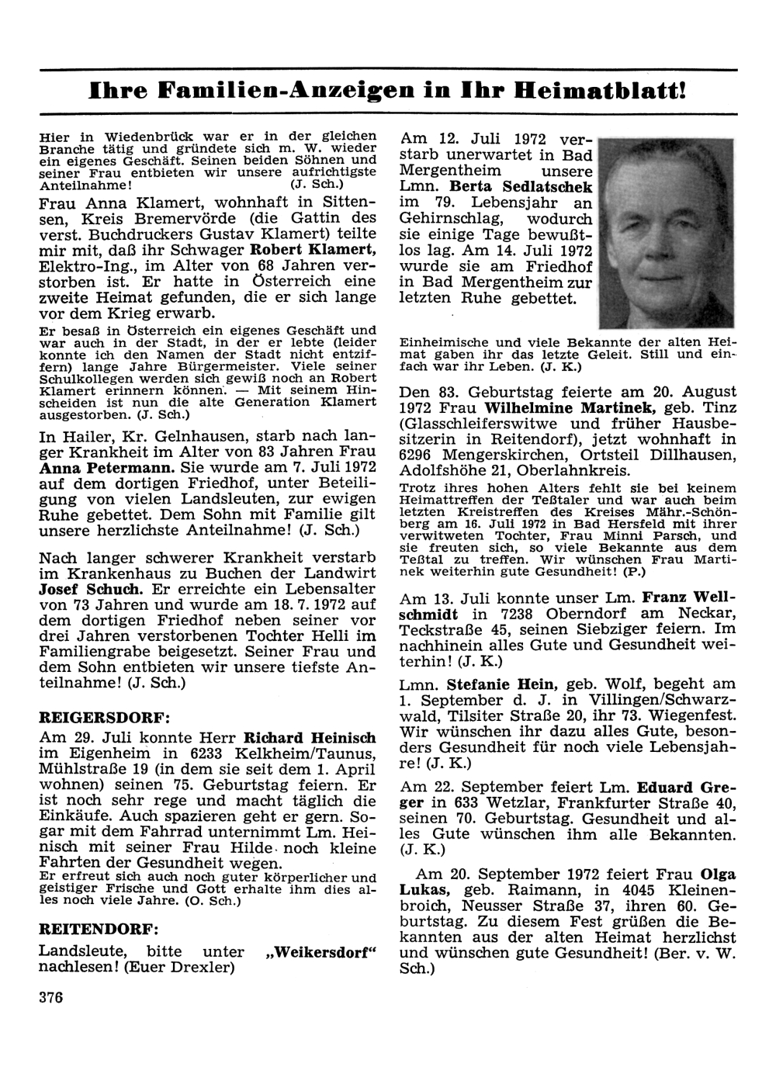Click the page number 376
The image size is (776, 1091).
tap(51, 998)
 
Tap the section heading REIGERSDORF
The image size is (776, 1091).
tap(105, 715)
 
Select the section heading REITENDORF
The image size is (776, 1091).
tap(99, 928)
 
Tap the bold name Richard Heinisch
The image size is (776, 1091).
tap(310, 738)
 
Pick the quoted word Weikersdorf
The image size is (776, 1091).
tap(320, 951)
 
